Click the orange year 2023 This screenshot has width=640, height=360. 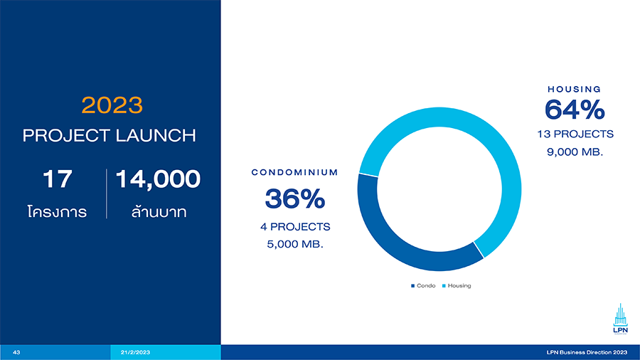112,105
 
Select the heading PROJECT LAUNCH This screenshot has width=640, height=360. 110,135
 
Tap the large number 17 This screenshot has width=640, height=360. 57,179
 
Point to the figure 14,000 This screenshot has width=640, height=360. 158,179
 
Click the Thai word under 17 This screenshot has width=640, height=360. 57,211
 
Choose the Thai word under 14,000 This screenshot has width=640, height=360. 159,211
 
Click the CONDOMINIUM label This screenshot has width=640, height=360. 294,172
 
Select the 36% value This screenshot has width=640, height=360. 295,198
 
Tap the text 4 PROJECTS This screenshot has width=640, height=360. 295,227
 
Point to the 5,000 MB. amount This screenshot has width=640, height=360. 295,245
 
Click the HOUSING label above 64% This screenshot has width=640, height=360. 575,89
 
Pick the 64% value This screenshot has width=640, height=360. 575,110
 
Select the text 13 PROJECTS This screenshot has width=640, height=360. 575,134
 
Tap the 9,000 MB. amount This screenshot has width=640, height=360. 575,152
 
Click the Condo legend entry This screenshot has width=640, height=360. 423,286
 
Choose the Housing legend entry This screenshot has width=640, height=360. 457,286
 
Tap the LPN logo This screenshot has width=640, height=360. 620,319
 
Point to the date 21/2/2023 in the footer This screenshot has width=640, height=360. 135,352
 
